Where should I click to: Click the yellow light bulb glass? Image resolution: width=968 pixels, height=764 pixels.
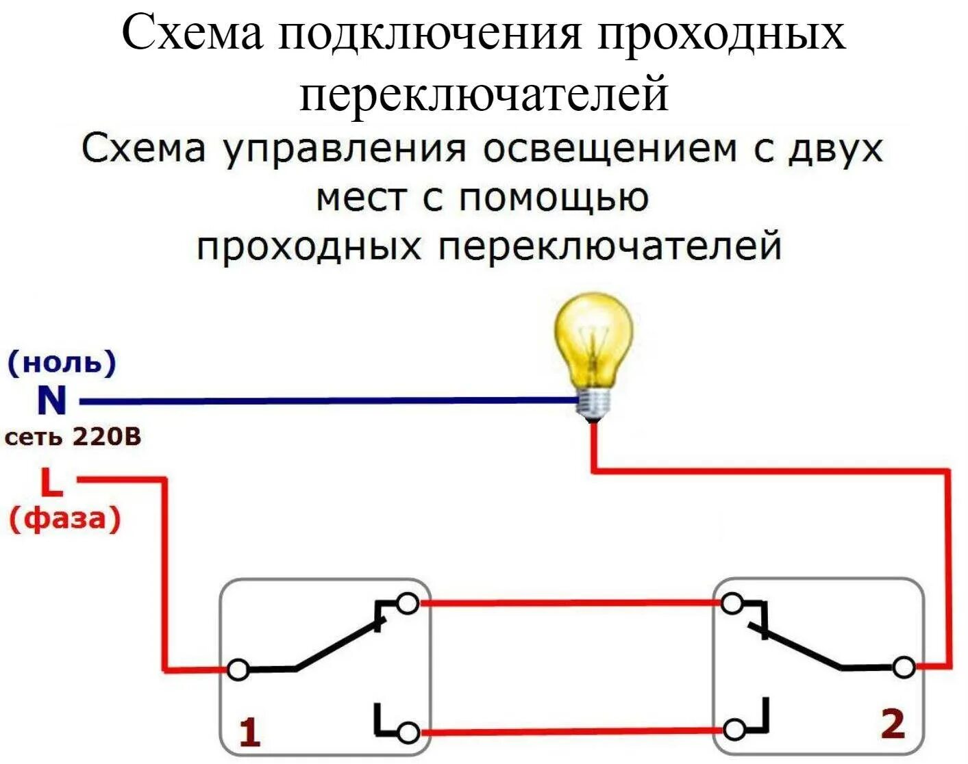click(593, 338)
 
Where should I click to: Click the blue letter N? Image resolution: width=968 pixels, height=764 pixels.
click(51, 401)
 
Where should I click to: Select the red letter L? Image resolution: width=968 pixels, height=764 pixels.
click(51, 483)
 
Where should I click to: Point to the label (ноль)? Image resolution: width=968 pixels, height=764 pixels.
click(62, 363)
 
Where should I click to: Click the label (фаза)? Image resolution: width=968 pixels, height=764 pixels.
click(64, 518)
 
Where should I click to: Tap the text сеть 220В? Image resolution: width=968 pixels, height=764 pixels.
click(73, 437)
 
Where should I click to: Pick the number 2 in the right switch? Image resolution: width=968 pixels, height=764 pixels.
click(892, 724)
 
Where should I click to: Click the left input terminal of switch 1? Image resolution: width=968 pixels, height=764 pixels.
click(238, 670)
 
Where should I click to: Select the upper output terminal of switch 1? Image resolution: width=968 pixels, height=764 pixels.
click(408, 603)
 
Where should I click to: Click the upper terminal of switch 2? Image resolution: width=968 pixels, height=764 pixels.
click(732, 603)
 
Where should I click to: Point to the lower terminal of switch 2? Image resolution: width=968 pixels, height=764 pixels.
click(734, 730)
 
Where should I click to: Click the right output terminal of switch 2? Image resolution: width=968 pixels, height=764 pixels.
click(904, 667)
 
